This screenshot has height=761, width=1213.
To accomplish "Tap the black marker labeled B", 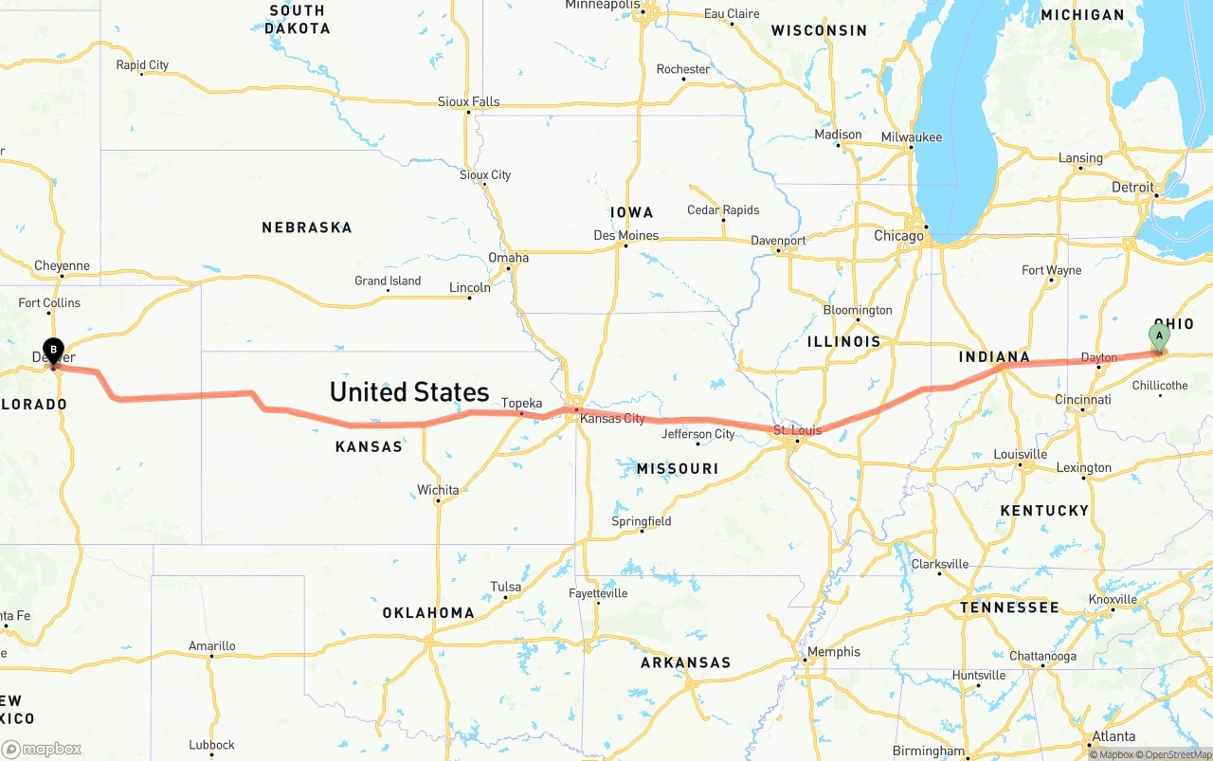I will [53, 351].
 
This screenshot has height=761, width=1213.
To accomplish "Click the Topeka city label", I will [521, 404].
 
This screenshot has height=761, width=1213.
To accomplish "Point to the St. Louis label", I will [797, 430].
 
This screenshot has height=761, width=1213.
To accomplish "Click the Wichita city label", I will [438, 490].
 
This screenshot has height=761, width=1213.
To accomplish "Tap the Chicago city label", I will [897, 236].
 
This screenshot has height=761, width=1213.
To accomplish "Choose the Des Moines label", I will [625, 235].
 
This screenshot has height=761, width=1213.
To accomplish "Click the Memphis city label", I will [833, 651].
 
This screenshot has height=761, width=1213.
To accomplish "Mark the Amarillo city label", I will [211, 646].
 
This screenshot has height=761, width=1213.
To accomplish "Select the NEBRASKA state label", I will [306, 227].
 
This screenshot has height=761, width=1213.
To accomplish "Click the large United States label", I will [408, 391].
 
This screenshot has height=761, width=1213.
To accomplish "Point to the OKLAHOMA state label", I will [428, 613].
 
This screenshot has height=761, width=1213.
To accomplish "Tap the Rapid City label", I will [142, 65].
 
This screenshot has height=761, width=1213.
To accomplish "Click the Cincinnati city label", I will [1082, 399].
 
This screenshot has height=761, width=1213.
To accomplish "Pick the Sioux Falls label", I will [468, 101].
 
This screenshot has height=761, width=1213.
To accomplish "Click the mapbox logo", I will [42, 749].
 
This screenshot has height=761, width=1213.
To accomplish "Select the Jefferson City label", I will [697, 434].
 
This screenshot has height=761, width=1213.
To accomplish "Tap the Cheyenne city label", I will [62, 265].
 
